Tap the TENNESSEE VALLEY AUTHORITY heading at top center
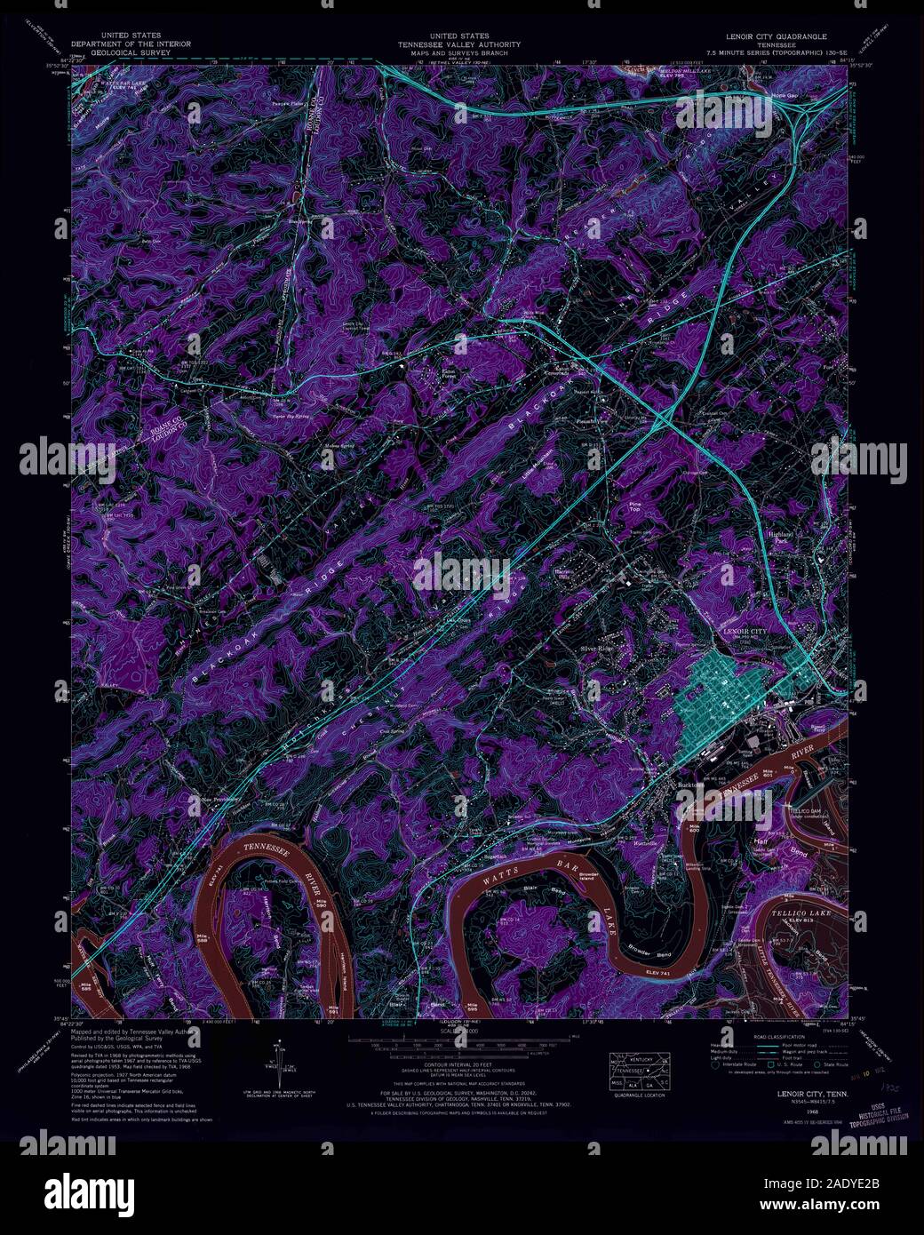pyautogui.click(x=459, y=44)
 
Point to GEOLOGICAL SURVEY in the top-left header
pyautogui.click(x=131, y=52)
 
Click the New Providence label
pyautogui.click(x=222, y=799)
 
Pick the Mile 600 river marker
pyautogui.click(x=696, y=828)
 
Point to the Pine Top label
pyautogui.click(x=633, y=509)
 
